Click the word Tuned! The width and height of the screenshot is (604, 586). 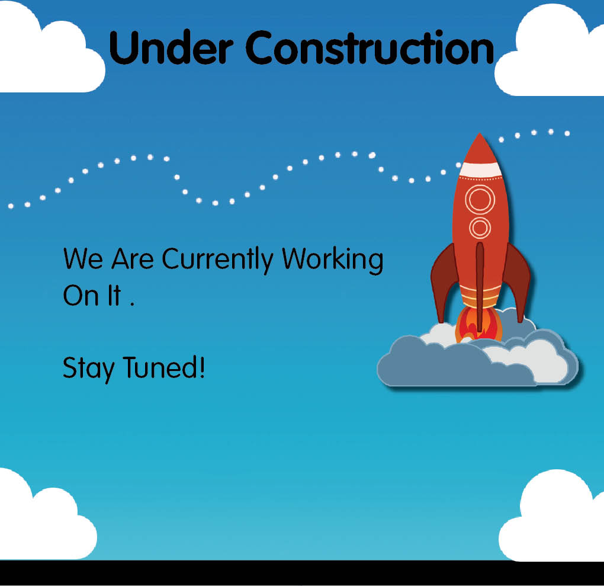point(163,367)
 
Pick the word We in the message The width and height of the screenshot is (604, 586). point(83,258)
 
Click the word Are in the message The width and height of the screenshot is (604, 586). point(133,258)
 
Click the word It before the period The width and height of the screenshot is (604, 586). point(114,295)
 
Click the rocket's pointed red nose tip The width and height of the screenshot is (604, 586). point(480,133)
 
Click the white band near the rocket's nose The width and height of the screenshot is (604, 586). point(481,169)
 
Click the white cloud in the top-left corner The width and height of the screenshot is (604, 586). point(47,50)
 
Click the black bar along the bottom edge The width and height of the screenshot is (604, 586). point(302,573)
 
